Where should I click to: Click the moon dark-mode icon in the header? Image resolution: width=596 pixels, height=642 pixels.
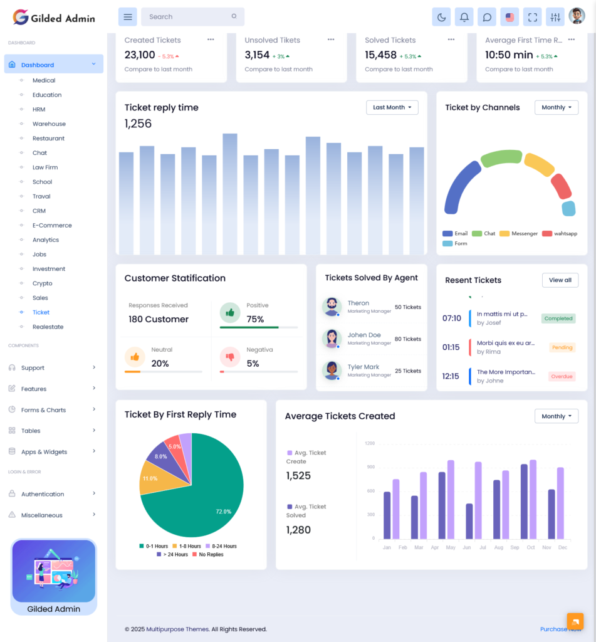(x=441, y=17)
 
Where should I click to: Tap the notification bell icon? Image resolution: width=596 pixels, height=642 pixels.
(x=464, y=17)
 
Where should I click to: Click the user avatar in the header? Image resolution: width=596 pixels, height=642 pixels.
(x=577, y=16)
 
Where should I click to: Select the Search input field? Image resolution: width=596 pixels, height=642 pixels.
(x=188, y=17)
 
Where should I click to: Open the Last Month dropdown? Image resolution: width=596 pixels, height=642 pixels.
(x=392, y=107)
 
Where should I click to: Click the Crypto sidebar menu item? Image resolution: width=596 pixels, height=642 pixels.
(x=43, y=283)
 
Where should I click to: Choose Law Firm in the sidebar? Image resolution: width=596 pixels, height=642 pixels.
(x=45, y=167)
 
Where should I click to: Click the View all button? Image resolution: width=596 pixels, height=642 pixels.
(x=560, y=280)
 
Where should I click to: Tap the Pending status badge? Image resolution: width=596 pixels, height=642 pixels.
(x=562, y=347)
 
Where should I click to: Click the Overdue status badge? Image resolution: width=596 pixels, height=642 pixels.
(x=562, y=377)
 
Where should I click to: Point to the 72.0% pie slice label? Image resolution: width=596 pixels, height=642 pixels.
(x=223, y=512)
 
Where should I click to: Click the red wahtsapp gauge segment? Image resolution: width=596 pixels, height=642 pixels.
(x=560, y=186)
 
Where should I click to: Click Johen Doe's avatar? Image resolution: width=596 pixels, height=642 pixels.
(x=332, y=339)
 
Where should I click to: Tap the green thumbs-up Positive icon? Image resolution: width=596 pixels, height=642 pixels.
(x=230, y=312)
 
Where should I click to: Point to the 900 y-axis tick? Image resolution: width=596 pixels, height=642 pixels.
(x=370, y=467)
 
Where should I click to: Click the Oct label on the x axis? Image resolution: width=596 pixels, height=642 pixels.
(x=531, y=547)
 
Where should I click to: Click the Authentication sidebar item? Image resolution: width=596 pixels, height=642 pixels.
(x=43, y=494)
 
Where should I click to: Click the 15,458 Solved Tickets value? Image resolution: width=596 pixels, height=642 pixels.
(x=380, y=55)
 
